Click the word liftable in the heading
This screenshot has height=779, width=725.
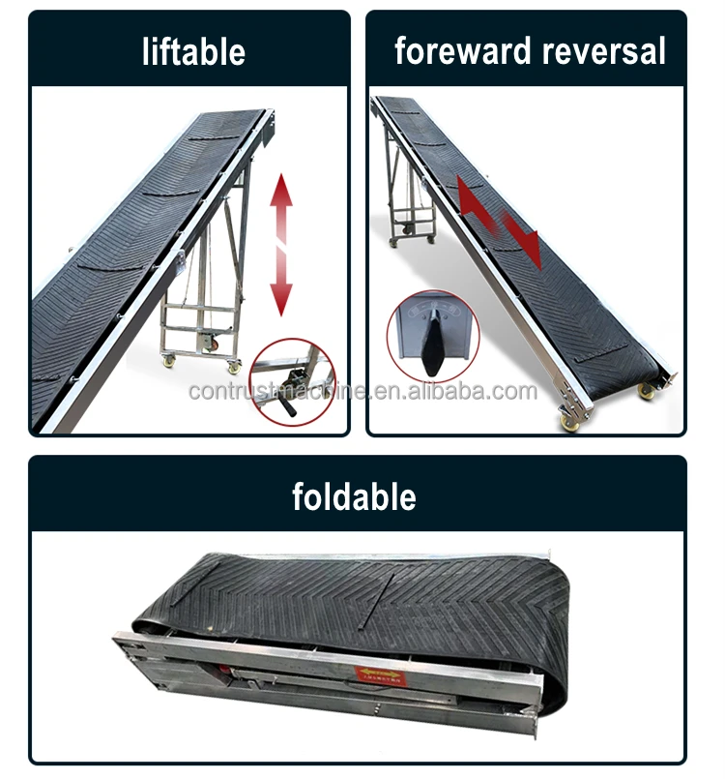coord(192,51)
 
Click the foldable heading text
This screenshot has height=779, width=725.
coord(354,496)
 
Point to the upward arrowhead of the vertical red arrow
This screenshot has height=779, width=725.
coord(280,189)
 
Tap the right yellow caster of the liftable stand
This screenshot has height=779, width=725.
coord(233,365)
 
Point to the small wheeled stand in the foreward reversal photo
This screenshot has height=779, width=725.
coord(411,203)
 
